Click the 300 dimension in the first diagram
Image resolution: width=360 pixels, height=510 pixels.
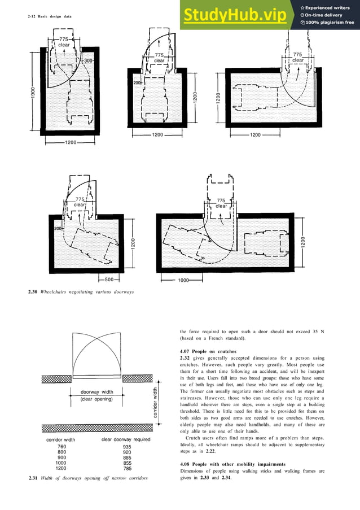click(88, 60)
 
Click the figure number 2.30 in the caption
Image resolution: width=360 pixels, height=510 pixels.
click(33, 291)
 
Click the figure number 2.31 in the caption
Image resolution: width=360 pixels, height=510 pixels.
click(33, 479)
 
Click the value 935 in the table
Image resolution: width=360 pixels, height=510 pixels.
click(127, 447)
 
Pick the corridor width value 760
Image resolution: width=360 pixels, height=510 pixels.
click(62, 447)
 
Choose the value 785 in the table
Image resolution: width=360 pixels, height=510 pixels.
click(127, 468)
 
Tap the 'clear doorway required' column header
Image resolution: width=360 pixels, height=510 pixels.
click(125, 439)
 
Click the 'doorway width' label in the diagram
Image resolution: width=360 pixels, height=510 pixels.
click(97, 392)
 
